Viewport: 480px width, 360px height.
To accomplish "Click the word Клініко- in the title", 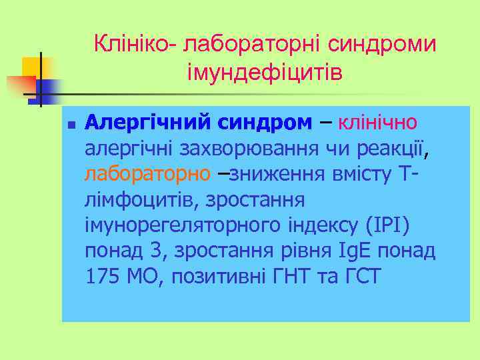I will (135, 45).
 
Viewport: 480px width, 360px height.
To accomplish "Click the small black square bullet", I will (71, 125).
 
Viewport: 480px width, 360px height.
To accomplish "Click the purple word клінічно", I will (378, 123).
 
